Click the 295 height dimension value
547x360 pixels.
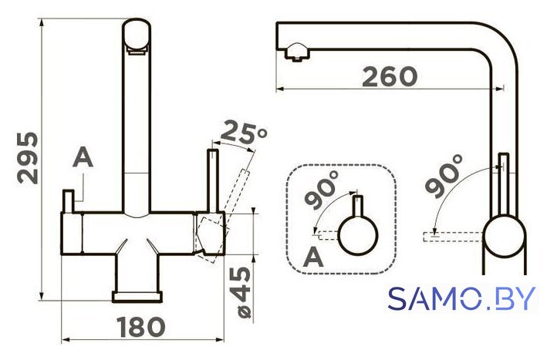click(x=28, y=158)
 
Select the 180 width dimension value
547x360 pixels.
click(x=140, y=328)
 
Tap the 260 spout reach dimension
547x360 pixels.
click(x=390, y=77)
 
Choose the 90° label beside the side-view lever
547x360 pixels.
click(x=444, y=177)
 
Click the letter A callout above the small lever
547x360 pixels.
click(x=83, y=157)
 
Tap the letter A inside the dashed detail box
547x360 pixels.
click(x=313, y=257)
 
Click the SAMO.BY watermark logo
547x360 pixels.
click(x=461, y=298)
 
